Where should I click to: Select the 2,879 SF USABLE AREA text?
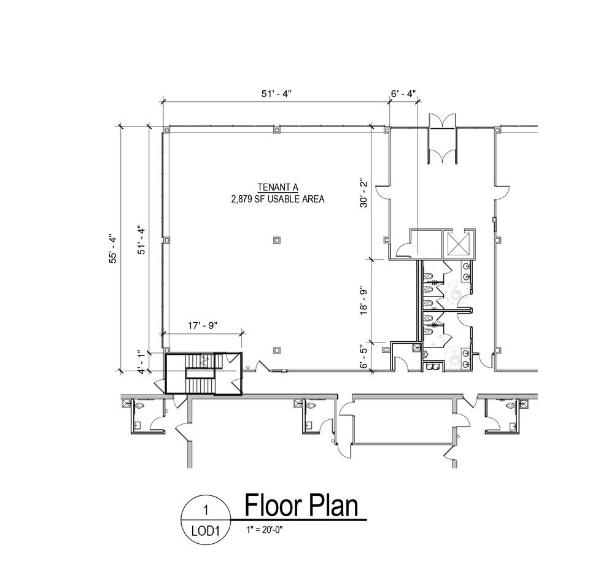coord(278,199)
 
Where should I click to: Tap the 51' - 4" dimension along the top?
coord(276,94)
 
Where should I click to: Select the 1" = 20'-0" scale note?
coord(265,530)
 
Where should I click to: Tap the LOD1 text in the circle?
coord(205,531)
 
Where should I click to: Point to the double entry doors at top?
coord(443,139)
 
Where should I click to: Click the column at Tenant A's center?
coord(277,239)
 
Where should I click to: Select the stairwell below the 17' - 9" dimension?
coord(203,373)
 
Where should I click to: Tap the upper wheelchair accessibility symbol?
coord(456,293)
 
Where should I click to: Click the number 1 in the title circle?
coord(205,511)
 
